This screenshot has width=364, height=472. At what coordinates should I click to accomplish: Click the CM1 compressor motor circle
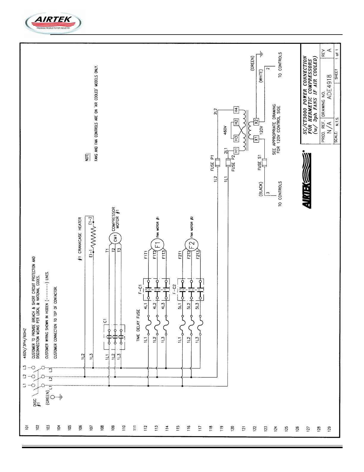115,238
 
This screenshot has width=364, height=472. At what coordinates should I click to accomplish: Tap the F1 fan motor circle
157,245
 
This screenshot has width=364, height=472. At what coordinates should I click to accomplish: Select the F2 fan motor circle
192,245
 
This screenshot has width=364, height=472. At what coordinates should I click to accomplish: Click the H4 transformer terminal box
236,110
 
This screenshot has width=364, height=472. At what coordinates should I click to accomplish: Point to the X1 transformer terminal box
256,139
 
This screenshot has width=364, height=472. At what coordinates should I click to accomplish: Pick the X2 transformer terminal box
256,121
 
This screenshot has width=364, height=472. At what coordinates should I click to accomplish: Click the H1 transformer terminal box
236,151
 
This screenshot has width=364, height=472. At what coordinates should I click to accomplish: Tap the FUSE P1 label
212,163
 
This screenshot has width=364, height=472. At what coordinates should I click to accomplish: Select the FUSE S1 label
260,162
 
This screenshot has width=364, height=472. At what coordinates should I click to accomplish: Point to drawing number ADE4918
329,87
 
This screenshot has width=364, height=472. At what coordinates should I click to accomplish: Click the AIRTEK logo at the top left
53,23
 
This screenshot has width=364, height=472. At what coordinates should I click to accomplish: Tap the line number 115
178,428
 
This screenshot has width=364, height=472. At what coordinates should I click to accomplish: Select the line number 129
329,428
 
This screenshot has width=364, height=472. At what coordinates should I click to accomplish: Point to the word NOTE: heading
87,157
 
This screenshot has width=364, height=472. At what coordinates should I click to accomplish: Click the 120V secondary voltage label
261,130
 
